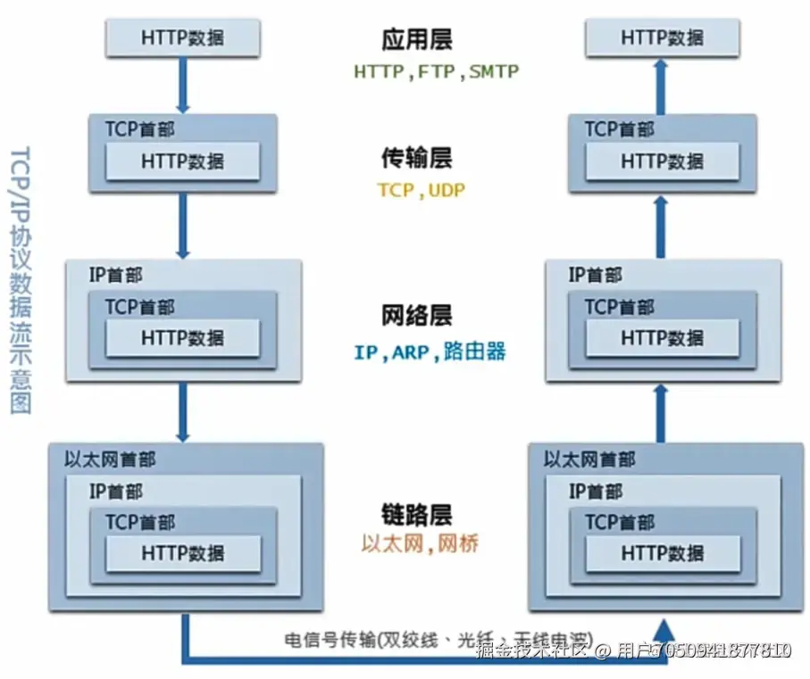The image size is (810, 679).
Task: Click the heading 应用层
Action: (417, 40)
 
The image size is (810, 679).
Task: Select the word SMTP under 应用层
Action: (493, 72)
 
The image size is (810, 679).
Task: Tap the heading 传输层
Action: (417, 158)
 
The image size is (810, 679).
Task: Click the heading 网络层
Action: (417, 315)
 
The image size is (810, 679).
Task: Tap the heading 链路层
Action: (417, 514)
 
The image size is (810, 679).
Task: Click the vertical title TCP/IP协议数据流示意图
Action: (21, 277)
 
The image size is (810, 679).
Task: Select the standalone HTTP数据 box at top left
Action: (183, 37)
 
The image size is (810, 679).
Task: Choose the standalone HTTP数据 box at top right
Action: (662, 37)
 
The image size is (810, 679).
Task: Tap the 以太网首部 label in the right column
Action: (589, 460)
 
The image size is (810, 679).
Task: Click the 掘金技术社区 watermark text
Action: (532, 650)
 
